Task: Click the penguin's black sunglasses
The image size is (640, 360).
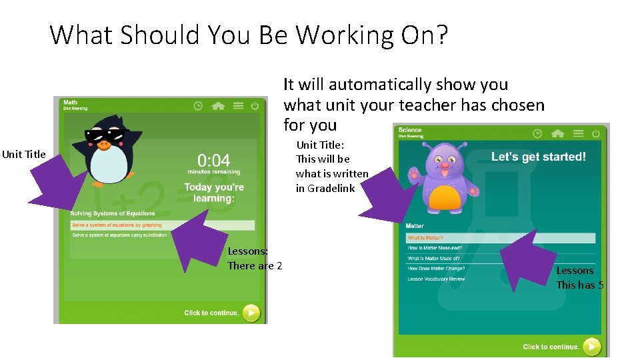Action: click(105, 136)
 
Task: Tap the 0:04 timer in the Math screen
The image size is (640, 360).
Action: click(213, 161)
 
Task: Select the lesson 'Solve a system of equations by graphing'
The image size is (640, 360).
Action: click(117, 225)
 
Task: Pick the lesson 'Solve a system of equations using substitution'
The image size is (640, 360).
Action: click(120, 235)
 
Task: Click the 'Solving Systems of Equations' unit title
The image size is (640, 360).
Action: click(113, 213)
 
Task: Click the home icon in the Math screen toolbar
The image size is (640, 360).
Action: click(217, 106)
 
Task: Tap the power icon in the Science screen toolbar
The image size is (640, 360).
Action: click(596, 133)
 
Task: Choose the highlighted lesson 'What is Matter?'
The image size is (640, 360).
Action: click(425, 238)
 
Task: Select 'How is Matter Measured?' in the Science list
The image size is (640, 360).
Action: click(435, 248)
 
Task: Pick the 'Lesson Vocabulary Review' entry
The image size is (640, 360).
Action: click(436, 279)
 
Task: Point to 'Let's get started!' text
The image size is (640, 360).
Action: click(539, 157)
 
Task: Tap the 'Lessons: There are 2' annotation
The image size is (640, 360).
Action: click(255, 259)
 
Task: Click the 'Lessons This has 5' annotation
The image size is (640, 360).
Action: click(580, 278)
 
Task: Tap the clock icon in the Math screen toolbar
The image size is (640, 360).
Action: click(198, 106)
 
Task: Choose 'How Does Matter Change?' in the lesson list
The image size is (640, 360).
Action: click(436, 269)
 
